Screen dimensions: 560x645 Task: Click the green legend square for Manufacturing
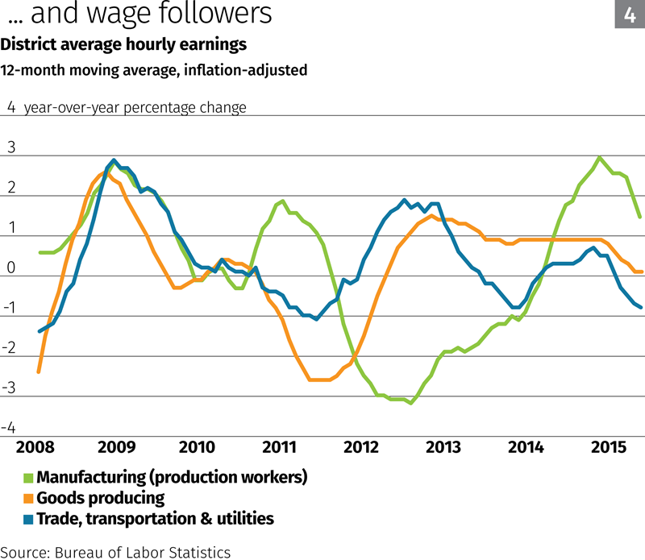tap(28, 478)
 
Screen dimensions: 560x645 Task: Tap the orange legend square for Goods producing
tap(28, 499)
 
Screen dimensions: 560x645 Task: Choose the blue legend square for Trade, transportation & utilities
tap(28, 519)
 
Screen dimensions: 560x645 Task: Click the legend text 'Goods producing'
tap(101, 498)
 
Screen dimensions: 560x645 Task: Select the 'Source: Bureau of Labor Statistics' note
tap(116, 552)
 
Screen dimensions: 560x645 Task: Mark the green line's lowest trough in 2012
tap(411, 403)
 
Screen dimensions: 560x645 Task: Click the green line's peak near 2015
tap(599, 158)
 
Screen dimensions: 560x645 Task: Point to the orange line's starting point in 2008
tap(39, 371)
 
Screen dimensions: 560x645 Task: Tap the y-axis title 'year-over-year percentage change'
tap(135, 107)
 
